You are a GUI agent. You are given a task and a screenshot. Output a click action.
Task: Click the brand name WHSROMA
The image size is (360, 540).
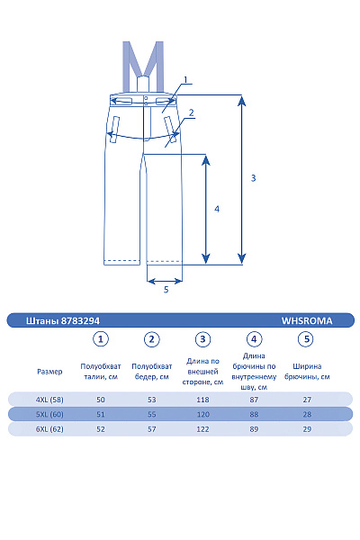point(307,319)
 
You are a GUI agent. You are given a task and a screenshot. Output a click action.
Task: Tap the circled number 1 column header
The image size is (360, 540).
point(101,339)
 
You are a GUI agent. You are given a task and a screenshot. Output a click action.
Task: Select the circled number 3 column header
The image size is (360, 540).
point(203,339)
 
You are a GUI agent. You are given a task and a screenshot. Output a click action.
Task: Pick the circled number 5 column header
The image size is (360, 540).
point(306,339)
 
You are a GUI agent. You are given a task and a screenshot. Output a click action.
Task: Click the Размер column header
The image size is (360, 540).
point(49,371)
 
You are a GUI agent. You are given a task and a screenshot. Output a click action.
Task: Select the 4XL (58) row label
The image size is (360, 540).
point(49,399)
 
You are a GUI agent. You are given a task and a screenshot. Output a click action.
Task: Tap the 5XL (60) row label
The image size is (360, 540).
point(49,414)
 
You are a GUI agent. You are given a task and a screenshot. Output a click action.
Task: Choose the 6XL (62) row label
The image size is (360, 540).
point(49,429)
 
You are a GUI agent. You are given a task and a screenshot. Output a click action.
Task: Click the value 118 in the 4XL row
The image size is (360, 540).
point(203,399)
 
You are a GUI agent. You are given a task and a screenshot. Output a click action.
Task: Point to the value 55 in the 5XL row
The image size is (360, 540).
point(152,414)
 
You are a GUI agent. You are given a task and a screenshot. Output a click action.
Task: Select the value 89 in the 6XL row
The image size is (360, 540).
point(255,429)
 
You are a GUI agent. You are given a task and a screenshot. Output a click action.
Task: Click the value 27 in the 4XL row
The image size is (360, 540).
point(306,399)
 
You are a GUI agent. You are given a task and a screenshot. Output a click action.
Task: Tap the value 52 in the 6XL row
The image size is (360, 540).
point(101,429)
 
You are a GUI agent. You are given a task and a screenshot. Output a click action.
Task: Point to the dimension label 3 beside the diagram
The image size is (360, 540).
point(253,178)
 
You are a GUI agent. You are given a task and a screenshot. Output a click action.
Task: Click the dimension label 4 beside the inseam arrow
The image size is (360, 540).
point(216,209)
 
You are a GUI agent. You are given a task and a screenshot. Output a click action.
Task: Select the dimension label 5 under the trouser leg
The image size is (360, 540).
point(166,290)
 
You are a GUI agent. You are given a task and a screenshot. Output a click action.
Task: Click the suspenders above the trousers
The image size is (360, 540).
point(143,65)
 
